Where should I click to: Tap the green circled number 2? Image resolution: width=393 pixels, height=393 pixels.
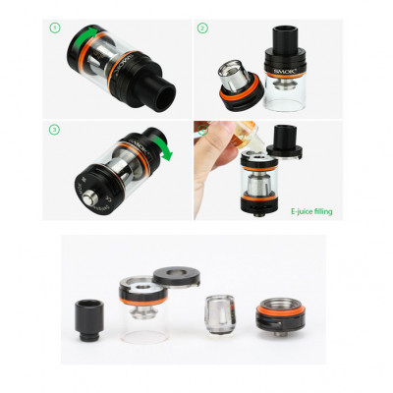click(202, 29)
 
